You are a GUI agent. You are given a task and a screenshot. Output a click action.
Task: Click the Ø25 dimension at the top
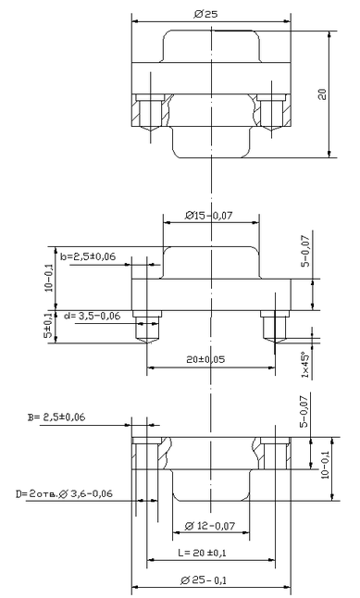coord(205,15)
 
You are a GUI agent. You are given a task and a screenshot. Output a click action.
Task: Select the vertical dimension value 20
coord(323,93)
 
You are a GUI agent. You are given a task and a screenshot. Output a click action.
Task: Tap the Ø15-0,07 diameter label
coord(209,216)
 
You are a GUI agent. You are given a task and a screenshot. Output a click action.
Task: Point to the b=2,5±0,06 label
coord(88,256)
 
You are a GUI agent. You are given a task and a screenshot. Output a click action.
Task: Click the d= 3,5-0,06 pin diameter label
coord(92,316)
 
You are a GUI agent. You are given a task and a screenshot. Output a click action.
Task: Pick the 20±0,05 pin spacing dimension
coord(205,359)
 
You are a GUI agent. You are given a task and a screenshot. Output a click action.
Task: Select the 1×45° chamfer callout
coord(305,365)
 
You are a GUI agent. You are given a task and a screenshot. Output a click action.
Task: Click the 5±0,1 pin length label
coord(48,326)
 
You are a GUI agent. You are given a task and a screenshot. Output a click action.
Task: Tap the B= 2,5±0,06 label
coord(56,417)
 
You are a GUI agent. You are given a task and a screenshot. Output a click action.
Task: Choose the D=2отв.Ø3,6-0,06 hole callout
coord(64,494)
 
